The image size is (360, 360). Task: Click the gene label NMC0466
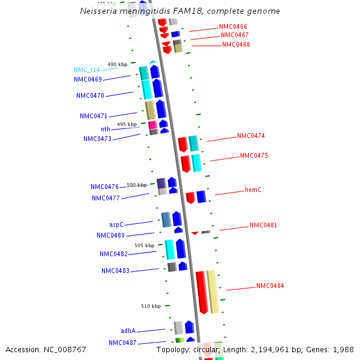233,27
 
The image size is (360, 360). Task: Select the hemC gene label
253,190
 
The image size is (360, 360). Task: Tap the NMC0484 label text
270,286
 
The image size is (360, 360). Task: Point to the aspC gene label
116,224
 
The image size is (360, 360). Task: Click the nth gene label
105,129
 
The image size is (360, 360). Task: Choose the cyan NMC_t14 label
87,70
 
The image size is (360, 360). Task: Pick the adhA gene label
128,331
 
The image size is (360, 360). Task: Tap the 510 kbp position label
151,306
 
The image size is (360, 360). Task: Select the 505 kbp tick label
144,245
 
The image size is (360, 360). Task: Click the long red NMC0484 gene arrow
202,292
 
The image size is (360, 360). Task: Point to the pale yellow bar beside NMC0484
212,292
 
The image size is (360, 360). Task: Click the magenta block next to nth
152,125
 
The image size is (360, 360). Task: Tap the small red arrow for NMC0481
194,233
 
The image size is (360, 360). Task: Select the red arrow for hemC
190,197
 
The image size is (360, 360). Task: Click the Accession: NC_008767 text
46,349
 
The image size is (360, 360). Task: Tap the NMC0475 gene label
254,156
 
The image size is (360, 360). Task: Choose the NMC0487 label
122,343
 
